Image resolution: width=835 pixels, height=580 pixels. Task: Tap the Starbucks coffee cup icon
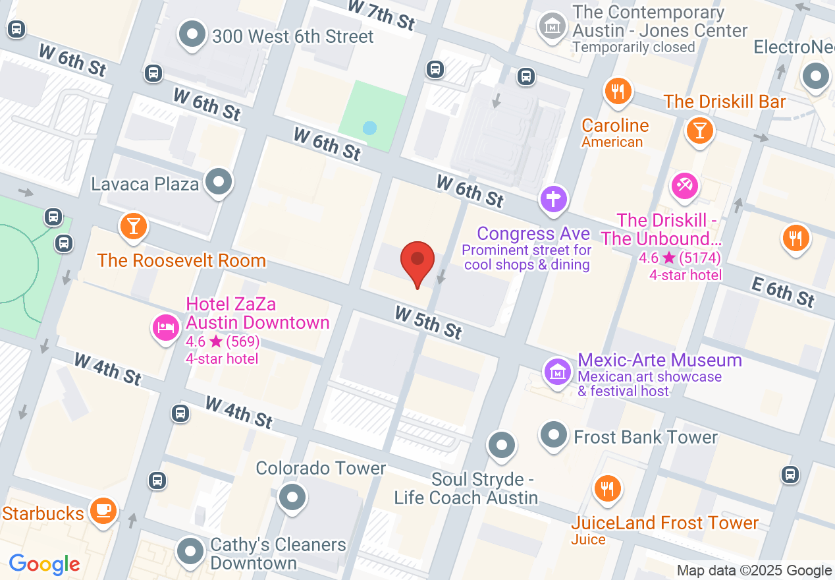click(103, 510)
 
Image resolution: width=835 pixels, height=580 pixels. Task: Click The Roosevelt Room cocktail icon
click(134, 227)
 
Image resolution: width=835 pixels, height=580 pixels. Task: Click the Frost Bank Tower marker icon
click(554, 435)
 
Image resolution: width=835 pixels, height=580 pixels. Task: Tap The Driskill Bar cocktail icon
click(699, 130)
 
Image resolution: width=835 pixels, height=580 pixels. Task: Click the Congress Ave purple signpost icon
click(554, 198)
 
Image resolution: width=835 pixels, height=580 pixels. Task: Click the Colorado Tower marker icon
click(292, 496)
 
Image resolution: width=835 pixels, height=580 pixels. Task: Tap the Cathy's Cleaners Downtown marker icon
click(191, 551)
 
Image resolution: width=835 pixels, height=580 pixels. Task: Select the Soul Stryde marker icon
click(502, 446)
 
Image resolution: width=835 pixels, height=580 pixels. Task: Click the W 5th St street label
click(428, 322)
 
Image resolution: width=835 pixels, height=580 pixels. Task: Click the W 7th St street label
click(381, 14)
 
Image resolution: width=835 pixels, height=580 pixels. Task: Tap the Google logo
click(45, 564)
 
